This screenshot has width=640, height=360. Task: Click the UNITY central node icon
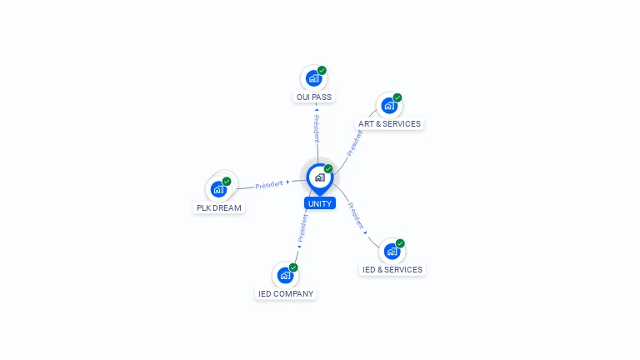[319, 177]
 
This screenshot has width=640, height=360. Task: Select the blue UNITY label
[320, 203]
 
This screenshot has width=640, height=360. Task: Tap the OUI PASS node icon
[313, 78]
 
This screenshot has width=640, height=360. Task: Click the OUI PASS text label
[314, 97]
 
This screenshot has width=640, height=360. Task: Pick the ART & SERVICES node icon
[389, 106]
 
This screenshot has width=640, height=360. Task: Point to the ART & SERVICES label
[390, 124]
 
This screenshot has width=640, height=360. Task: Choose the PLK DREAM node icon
[219, 189]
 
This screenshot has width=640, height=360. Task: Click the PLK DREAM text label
[219, 207]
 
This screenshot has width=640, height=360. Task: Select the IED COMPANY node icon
[285, 275]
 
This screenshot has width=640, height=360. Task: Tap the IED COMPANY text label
[286, 294]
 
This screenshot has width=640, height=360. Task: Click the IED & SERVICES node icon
[392, 251]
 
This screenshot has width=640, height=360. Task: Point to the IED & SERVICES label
[392, 270]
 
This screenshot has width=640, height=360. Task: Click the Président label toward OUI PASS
[317, 128]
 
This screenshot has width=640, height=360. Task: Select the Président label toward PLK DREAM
[269, 184]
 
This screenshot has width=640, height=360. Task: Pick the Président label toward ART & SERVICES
[355, 142]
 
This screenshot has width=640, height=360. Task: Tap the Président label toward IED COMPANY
[302, 227]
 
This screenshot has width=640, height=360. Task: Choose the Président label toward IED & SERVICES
[356, 215]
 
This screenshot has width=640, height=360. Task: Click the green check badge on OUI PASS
[322, 70]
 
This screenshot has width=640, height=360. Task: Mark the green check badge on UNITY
[328, 168]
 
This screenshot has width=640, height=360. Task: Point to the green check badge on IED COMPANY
[293, 267]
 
